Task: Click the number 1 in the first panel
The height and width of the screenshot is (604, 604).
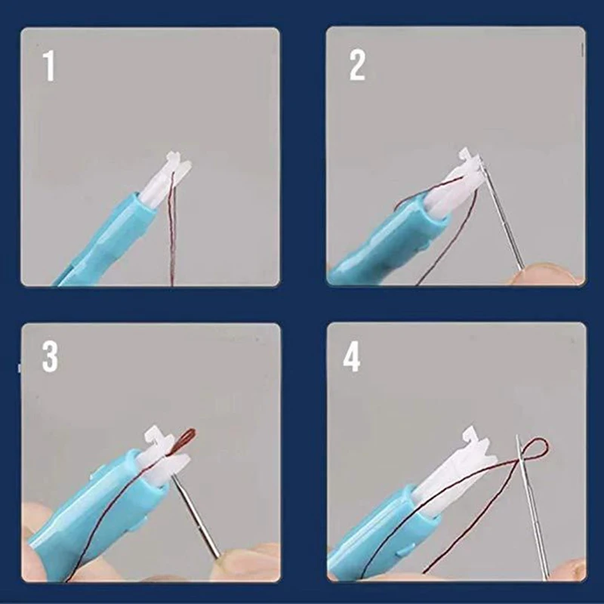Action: pyautogui.click(x=49, y=66)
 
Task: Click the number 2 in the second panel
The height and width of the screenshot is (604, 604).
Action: pyautogui.click(x=357, y=66)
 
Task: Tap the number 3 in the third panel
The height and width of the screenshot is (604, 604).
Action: pyautogui.click(x=50, y=357)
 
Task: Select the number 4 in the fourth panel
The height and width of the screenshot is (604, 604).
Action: pyautogui.click(x=352, y=357)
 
